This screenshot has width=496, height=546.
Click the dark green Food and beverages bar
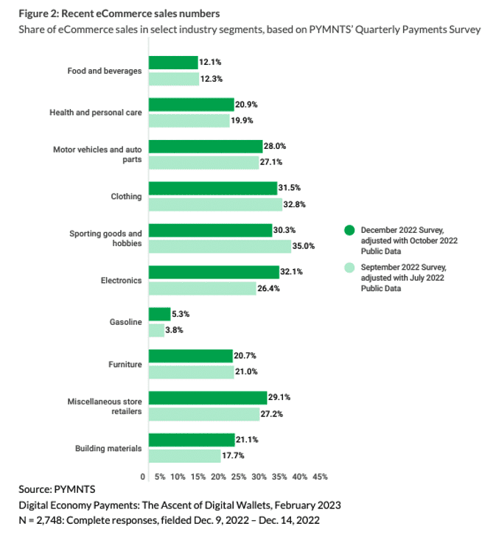point(173,63)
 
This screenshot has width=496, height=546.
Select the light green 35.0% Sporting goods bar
point(220,246)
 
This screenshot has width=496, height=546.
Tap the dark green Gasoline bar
point(159,314)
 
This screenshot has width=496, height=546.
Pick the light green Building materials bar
point(184,456)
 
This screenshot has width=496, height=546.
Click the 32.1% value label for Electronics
point(293,272)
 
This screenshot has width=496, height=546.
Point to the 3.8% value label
point(174,330)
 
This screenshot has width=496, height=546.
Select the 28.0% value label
point(276,146)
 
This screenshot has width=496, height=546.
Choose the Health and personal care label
point(95,113)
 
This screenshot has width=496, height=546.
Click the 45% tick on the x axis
point(320,477)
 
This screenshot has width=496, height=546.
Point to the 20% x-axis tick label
point(219,477)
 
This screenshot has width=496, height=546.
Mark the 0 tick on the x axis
point(143,477)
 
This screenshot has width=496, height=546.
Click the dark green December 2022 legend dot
point(350,230)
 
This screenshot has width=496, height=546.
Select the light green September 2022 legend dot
point(350,267)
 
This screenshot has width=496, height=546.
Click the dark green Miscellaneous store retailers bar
point(207,398)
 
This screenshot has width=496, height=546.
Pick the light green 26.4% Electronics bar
point(203,288)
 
